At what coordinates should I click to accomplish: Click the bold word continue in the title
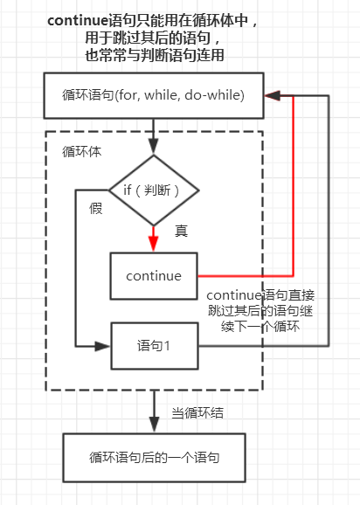(78, 21)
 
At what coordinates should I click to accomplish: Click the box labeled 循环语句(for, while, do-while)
(154, 95)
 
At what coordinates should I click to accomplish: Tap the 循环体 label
(82, 151)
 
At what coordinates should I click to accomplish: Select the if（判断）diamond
(154, 190)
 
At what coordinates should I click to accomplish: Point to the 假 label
(96, 208)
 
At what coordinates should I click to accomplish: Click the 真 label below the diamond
(181, 231)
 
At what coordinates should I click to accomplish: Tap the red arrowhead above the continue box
(154, 243)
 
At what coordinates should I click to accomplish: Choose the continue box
(154, 276)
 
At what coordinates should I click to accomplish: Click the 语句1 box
(155, 346)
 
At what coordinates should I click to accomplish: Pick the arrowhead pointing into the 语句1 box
(103, 346)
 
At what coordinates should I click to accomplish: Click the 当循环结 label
(197, 412)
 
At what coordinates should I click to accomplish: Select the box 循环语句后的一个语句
(155, 458)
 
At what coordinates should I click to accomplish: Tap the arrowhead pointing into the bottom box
(155, 425)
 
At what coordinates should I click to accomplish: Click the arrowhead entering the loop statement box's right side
(273, 95)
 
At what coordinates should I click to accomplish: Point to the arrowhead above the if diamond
(154, 147)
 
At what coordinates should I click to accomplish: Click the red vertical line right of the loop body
(294, 186)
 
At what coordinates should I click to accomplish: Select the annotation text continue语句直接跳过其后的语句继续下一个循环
(260, 311)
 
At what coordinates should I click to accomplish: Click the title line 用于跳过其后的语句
(152, 38)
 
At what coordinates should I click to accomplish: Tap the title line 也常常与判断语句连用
(155, 55)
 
